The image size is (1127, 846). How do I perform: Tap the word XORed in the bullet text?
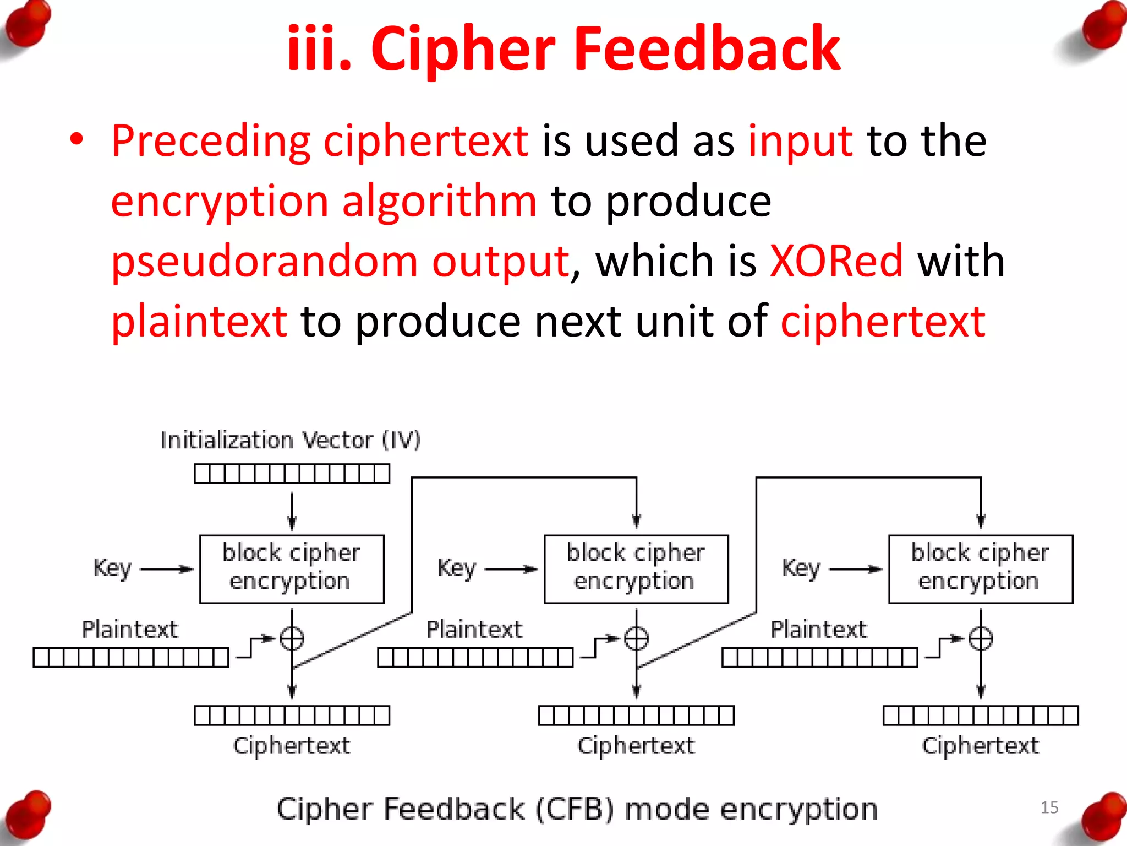point(835,261)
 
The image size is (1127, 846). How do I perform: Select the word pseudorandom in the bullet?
point(264,262)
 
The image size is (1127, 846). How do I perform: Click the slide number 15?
point(1049,807)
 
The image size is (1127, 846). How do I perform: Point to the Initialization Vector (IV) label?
point(290,441)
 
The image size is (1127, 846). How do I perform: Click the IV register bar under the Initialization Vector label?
point(292,474)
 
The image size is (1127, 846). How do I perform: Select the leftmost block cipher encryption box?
point(292,569)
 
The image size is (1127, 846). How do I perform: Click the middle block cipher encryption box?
point(636,569)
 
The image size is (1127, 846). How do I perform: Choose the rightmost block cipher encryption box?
point(981,569)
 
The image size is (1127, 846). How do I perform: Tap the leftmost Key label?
point(112,568)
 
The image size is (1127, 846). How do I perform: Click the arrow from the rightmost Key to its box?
point(856,569)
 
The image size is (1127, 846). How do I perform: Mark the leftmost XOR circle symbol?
point(292,639)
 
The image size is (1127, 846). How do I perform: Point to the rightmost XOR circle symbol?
point(981,639)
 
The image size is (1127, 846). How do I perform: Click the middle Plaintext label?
point(474,630)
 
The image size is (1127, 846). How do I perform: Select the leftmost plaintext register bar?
point(130,657)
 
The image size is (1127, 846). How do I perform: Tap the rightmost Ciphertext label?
point(980,746)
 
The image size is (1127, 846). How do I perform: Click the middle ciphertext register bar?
point(636,715)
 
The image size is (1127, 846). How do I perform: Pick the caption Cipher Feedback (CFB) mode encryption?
point(577,809)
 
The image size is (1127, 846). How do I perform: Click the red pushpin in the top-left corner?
point(28,25)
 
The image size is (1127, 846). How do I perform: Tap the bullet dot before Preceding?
point(76,139)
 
